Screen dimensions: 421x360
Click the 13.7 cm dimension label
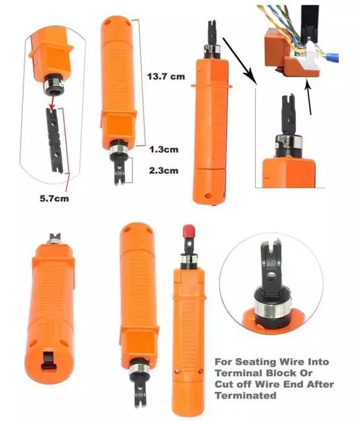coord(167,76)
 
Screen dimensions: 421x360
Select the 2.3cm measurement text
coord(163,171)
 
